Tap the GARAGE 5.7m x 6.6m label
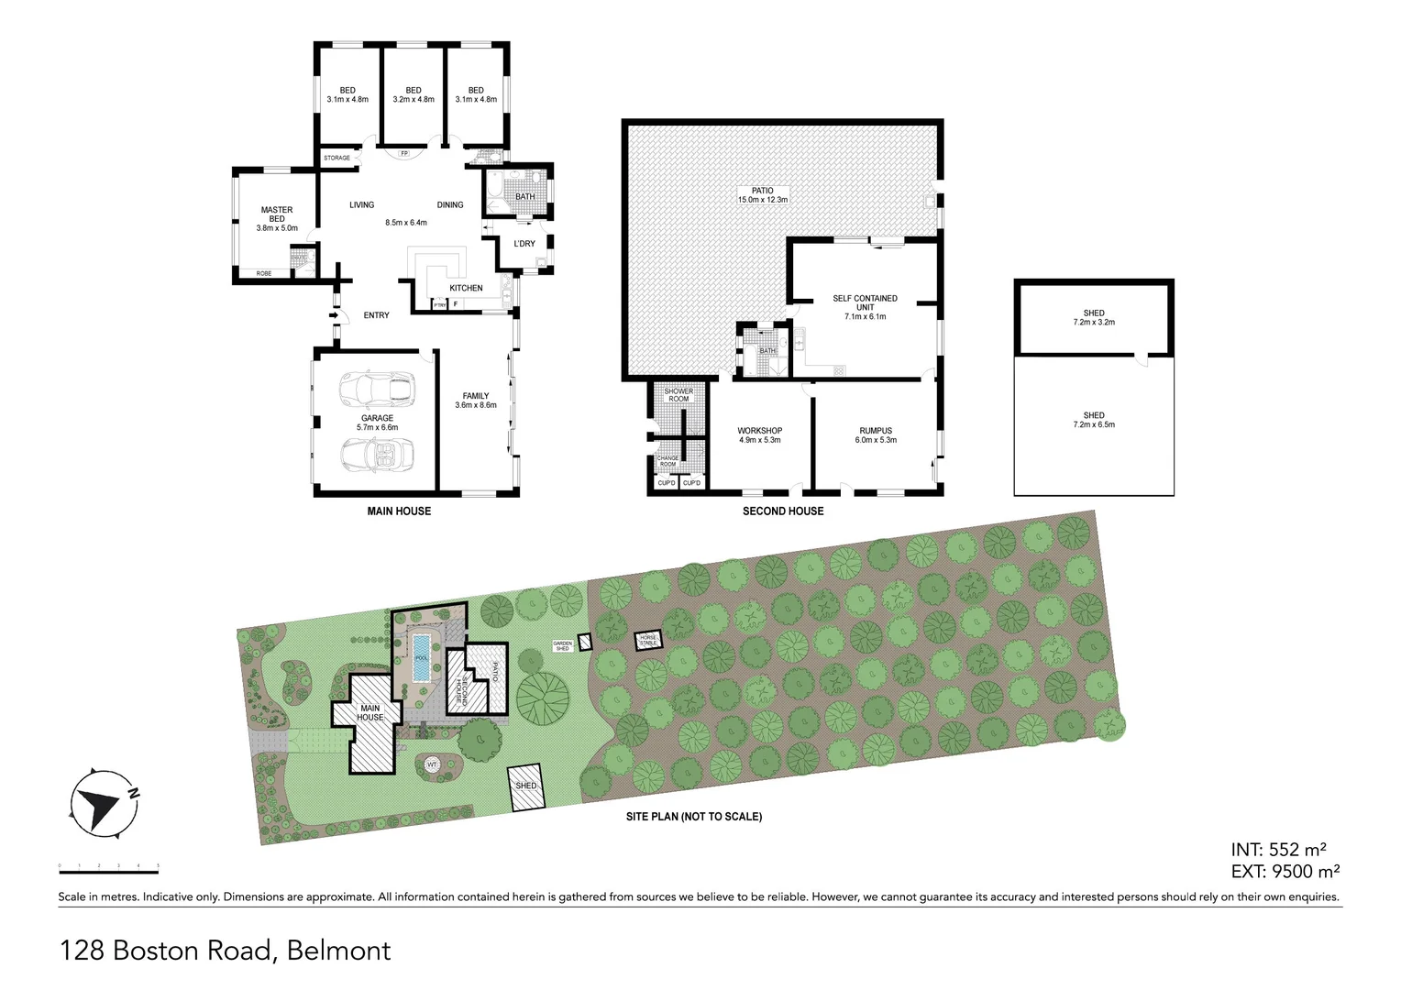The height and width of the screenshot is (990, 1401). tap(377, 423)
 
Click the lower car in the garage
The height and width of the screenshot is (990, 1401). tap(376, 455)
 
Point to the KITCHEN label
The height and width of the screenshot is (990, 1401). tap(466, 288)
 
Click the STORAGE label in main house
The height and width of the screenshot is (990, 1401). tap(336, 158)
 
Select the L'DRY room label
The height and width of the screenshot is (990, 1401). tap(524, 244)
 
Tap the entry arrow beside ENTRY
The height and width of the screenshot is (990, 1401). tap(335, 317)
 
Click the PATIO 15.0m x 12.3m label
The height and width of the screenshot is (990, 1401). tap(763, 195)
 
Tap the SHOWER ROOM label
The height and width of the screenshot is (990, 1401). tap(678, 395)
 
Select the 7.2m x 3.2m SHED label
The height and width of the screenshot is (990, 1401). tap(1094, 317)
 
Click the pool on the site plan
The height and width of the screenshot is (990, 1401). tap(421, 656)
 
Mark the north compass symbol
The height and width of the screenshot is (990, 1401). tap(98, 802)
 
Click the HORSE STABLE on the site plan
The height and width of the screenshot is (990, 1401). tap(648, 640)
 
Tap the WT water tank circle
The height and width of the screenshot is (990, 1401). tap(432, 764)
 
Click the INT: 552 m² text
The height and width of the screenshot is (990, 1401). tap(1279, 850)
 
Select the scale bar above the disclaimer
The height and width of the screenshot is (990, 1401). tap(108, 866)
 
